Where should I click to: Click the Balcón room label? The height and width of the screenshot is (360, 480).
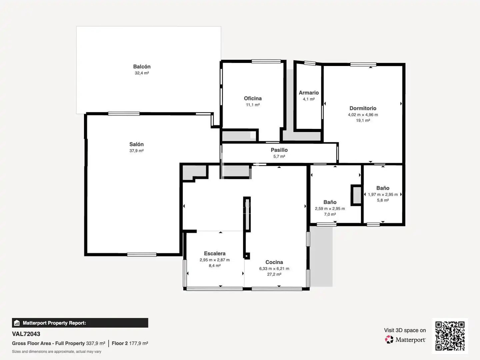tap(142, 66)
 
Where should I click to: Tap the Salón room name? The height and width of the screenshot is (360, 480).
tap(136, 144)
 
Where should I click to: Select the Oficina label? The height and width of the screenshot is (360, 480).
tap(253, 98)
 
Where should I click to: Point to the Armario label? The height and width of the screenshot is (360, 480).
tap(309, 93)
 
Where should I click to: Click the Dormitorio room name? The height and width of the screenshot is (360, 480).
tap(363, 108)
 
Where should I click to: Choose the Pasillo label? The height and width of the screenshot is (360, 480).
tap(279, 150)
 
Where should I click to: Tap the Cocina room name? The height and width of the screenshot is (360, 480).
tap(274, 262)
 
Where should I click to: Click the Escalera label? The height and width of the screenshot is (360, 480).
tap(215, 253)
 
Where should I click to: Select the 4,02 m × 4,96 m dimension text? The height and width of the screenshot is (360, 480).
tap(363, 115)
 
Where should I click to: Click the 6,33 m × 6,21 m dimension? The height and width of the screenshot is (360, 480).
tap(274, 269)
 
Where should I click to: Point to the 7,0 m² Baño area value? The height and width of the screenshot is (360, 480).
tap(330, 214)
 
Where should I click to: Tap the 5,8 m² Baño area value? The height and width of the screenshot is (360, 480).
tap(383, 200)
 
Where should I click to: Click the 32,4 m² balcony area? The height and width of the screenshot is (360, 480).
tap(142, 73)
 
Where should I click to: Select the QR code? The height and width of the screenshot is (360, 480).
tap(450, 336)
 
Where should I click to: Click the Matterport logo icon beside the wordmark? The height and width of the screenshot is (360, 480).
tap(389, 339)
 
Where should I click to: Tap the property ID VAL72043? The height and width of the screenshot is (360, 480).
tap(26, 334)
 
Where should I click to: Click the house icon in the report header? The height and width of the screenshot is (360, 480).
tap(17, 323)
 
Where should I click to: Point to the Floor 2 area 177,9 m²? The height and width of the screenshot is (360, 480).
tap(130, 343)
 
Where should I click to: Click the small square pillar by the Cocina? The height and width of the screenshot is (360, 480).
tap(247, 256)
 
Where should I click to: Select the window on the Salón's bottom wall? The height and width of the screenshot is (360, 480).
tap(142, 255)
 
